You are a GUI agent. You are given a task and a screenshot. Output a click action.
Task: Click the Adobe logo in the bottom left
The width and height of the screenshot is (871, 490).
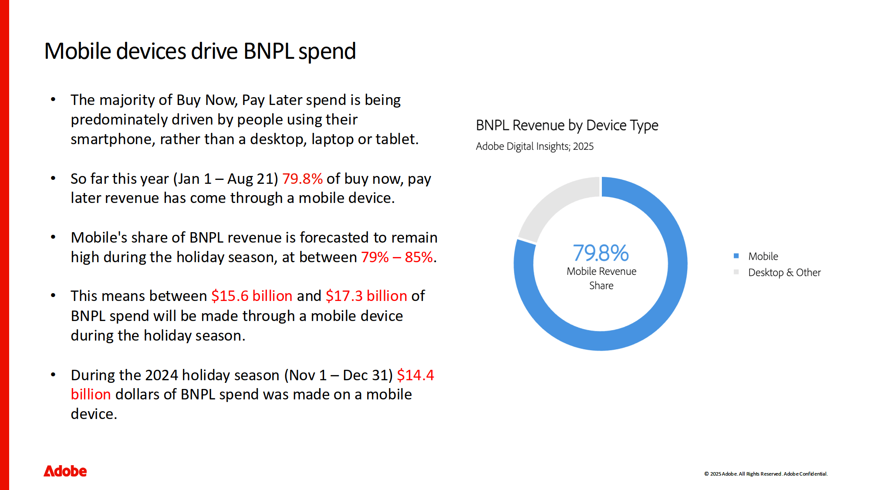(65, 471)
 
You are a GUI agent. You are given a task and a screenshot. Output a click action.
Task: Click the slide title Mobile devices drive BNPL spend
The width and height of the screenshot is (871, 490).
(200, 51)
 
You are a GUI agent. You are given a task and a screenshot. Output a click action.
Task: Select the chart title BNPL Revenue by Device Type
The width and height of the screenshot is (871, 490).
(567, 125)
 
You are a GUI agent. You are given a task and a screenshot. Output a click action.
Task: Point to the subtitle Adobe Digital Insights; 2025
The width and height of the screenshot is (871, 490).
(534, 146)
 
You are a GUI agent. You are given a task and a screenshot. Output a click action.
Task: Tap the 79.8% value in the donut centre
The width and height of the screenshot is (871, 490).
(601, 253)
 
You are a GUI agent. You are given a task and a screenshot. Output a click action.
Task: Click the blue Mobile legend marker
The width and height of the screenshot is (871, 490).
(736, 256)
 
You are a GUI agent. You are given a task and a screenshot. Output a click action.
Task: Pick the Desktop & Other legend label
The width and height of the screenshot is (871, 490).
(784, 273)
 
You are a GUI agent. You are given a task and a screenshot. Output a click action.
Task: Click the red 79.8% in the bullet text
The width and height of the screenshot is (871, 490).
(302, 179)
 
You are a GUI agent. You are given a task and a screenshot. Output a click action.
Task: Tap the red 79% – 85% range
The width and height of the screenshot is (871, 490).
(397, 257)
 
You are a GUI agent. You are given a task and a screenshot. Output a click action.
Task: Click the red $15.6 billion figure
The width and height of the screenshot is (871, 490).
(252, 296)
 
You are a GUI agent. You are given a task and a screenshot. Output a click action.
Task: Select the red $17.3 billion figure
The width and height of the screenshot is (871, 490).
(366, 296)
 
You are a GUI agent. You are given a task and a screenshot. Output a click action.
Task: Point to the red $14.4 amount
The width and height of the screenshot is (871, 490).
(415, 375)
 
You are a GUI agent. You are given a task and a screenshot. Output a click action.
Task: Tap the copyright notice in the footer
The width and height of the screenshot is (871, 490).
(766, 474)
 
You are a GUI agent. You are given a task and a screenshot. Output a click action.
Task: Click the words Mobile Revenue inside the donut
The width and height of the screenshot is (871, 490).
(601, 271)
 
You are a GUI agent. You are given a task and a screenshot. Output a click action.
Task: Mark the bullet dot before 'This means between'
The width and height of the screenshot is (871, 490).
(53, 296)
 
